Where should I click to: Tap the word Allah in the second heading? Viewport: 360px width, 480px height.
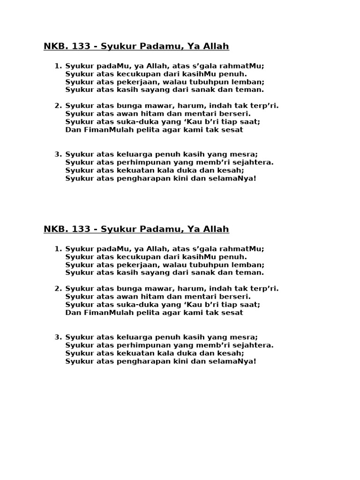(x=217, y=229)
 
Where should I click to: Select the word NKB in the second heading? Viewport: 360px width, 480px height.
(x=55, y=229)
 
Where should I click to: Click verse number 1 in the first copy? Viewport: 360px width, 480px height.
(x=58, y=66)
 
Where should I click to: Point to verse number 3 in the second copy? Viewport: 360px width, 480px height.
(x=58, y=337)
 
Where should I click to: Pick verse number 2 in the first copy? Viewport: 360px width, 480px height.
(x=58, y=105)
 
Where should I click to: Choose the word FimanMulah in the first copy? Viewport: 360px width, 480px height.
(x=105, y=129)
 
